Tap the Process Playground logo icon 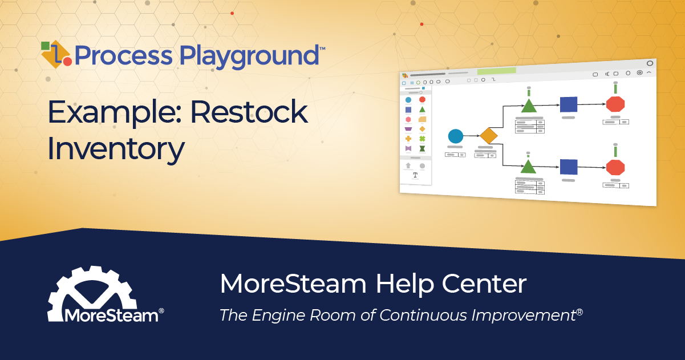(56, 54)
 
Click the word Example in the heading (114, 112)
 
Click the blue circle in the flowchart (455, 136)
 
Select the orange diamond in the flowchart (489, 136)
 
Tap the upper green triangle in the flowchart (529, 106)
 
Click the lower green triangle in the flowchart (528, 167)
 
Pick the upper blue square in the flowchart (568, 104)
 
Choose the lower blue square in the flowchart (568, 167)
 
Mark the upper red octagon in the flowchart (615, 104)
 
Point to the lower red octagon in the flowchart (615, 167)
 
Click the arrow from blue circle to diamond (471, 136)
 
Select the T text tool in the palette (415, 175)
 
